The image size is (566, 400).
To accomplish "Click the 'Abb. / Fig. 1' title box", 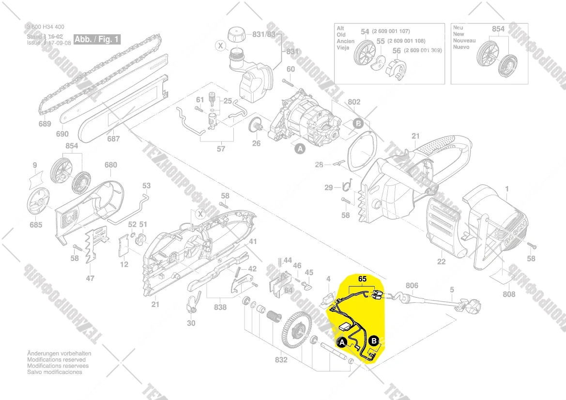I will click(x=97, y=39).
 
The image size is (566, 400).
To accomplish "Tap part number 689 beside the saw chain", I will click(x=45, y=124).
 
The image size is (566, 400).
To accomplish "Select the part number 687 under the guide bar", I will click(x=113, y=139).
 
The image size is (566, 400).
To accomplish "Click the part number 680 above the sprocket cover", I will click(x=110, y=165).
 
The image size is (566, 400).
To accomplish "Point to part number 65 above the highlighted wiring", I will click(x=363, y=279).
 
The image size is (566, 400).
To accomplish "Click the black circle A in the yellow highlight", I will click(x=342, y=343).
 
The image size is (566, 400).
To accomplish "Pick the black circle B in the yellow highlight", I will click(x=374, y=341).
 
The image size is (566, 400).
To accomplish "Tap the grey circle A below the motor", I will click(x=300, y=150).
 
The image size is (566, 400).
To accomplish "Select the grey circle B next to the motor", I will click(x=358, y=123).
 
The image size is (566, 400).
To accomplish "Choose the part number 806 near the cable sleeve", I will click(x=412, y=286).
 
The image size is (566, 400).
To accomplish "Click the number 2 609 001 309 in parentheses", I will click(x=424, y=50).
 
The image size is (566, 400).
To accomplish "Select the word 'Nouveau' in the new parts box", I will click(x=464, y=41).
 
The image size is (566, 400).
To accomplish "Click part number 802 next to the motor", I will click(x=354, y=102).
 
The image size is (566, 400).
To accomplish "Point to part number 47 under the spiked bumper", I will click(x=91, y=278).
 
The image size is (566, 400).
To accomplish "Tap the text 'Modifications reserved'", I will click(x=57, y=360).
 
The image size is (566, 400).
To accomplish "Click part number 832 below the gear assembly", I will click(x=281, y=360).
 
